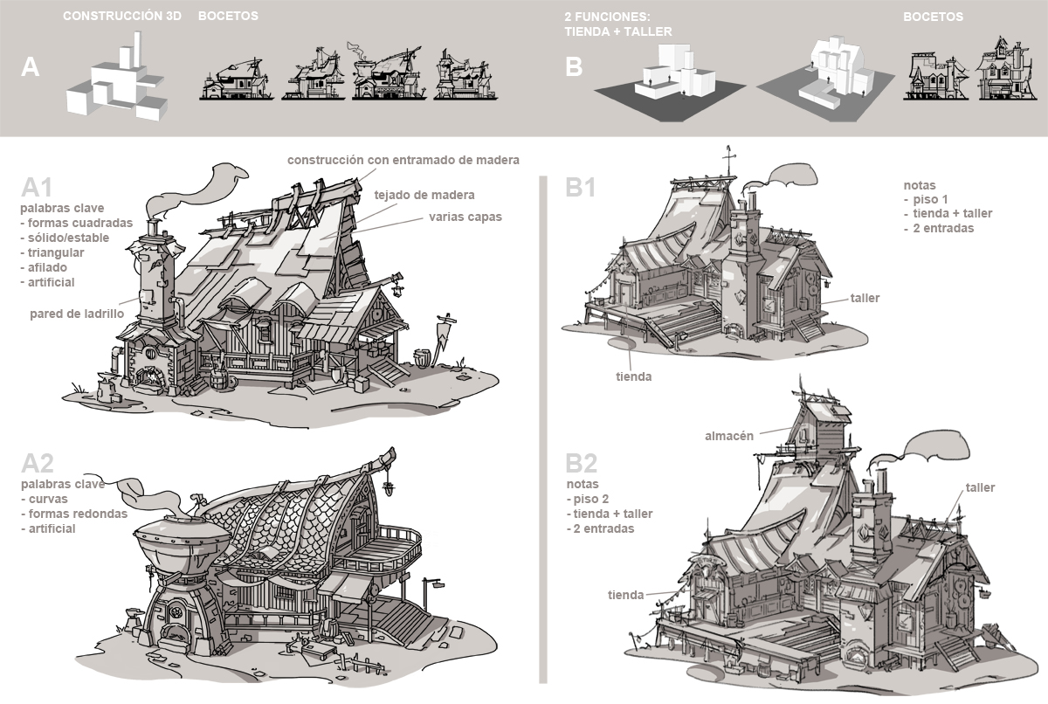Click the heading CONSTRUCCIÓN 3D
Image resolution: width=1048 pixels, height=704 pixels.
[121, 16]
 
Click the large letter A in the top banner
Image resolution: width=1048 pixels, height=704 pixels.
[31, 67]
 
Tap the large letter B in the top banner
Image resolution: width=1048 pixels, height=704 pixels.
[574, 67]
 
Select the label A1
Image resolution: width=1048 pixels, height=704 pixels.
[38, 188]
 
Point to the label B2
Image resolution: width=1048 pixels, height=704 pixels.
[582, 463]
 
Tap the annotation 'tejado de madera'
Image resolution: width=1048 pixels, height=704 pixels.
[424, 195]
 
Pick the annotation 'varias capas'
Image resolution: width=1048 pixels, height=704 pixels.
[465, 217]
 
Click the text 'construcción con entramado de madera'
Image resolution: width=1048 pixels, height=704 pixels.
[403, 160]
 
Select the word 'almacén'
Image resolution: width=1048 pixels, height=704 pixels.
[729, 436]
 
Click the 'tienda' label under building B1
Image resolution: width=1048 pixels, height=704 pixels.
[634, 376]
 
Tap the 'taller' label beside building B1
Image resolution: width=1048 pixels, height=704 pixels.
[865, 298]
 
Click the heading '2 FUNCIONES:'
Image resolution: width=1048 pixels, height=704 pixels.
[603, 16]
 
